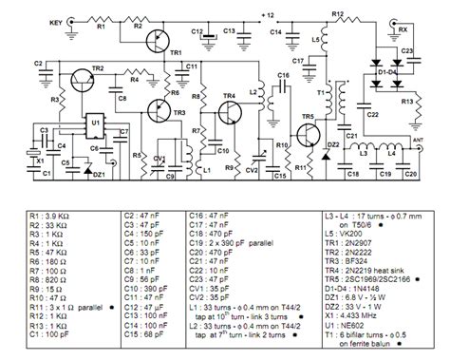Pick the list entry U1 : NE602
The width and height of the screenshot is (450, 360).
(351, 325)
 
